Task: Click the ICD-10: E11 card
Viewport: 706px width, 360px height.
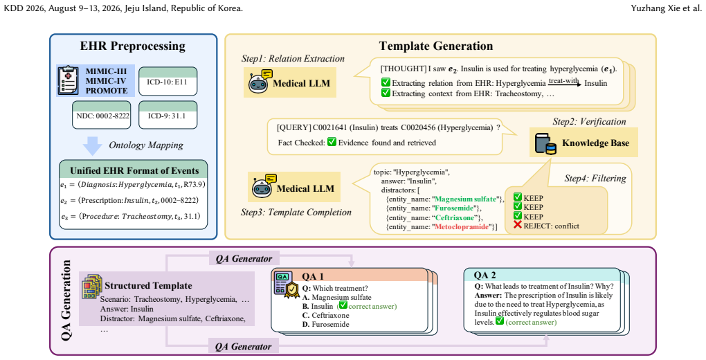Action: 168,81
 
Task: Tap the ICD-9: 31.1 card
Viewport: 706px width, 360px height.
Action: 168,115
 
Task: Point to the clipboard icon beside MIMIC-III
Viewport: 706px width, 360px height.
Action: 69,80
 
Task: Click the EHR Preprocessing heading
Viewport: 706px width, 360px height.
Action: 133,46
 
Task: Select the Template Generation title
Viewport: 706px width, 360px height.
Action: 436,46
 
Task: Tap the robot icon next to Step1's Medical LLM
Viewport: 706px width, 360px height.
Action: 259,81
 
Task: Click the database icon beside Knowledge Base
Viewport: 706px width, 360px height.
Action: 545,144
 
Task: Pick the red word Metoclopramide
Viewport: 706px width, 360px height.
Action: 462,226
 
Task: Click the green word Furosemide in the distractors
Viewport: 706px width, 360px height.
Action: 453,208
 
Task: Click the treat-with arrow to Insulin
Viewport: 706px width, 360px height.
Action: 565,84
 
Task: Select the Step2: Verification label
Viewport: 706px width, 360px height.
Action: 590,122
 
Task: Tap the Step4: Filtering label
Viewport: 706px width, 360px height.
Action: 595,179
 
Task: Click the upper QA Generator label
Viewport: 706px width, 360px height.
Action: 244,259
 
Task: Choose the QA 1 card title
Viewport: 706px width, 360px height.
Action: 312,276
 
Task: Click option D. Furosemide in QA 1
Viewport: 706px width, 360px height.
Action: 325,324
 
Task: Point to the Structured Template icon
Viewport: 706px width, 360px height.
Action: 92,286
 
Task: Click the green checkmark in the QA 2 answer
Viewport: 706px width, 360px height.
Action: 499,321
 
